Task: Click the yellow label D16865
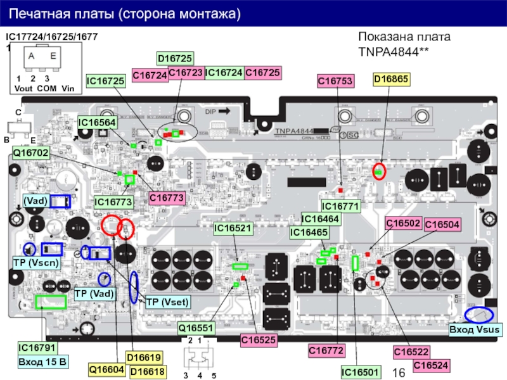click(392, 80)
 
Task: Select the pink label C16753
click(335, 80)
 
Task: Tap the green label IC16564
click(97, 122)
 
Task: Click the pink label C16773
click(167, 198)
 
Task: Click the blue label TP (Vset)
click(167, 302)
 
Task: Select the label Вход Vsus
click(475, 330)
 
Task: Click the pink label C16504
click(442, 224)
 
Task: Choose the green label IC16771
click(341, 206)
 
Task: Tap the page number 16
click(398, 372)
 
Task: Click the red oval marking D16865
click(379, 171)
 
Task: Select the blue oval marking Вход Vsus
click(479, 315)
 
